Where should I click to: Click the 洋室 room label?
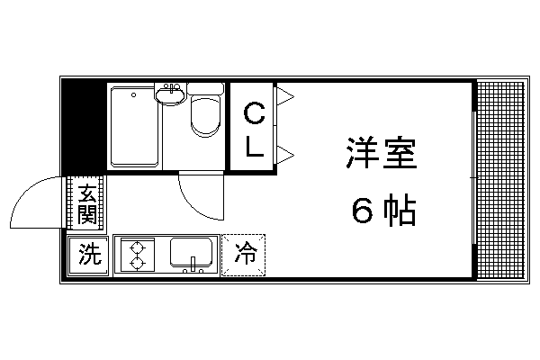coord(382,153)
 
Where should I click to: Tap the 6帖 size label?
coord(383,210)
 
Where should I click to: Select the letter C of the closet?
coord(254,114)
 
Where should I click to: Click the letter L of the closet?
coord(255,146)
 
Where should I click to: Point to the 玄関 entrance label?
coord(86,204)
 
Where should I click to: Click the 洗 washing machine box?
coord(88,256)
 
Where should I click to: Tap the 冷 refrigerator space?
coord(244,255)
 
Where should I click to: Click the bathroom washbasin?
coord(171,94)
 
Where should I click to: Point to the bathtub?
coord(134,127)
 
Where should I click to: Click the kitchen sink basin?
coord(191,252)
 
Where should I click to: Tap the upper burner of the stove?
coord(137,248)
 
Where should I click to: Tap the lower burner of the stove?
coord(137,264)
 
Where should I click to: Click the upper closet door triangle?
coord(285,96)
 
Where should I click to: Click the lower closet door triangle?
coord(285,155)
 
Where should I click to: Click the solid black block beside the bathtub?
coord(84,126)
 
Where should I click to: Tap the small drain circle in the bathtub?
coord(133,94)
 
